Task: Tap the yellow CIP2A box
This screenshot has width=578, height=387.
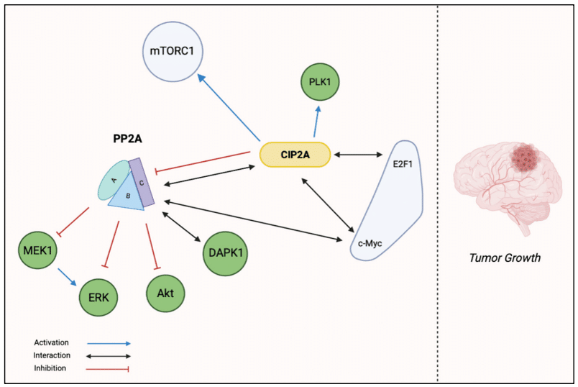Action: click(x=294, y=153)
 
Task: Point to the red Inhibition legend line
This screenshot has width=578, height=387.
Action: click(x=108, y=368)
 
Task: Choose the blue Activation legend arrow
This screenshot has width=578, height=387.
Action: click(x=108, y=343)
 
